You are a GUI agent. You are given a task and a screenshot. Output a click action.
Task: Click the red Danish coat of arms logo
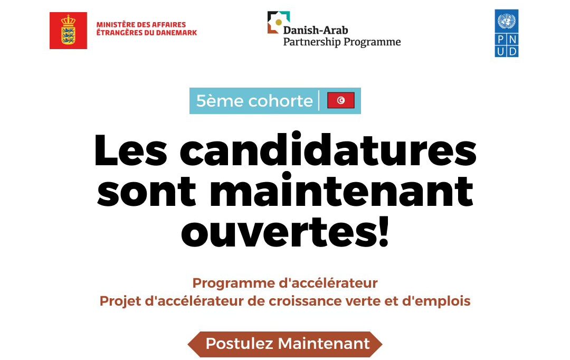(68, 31)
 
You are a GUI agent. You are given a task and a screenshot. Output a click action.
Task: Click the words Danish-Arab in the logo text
(316, 30)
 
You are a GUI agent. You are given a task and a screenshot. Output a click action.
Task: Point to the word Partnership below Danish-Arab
(308, 42)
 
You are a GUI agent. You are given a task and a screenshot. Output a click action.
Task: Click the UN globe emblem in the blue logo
(507, 21)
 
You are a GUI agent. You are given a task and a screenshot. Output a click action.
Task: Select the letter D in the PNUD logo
(512, 51)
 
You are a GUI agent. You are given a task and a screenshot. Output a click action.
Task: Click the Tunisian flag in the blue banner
(340, 100)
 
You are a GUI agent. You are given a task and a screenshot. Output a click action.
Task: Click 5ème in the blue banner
(213, 101)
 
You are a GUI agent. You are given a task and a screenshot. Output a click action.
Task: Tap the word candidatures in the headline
(328, 151)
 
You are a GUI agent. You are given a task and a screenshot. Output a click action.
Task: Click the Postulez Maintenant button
(285, 344)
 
